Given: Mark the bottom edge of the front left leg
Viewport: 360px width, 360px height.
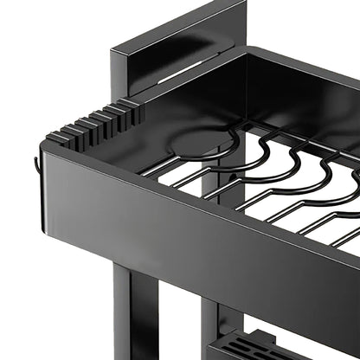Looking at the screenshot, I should point(134,357).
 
